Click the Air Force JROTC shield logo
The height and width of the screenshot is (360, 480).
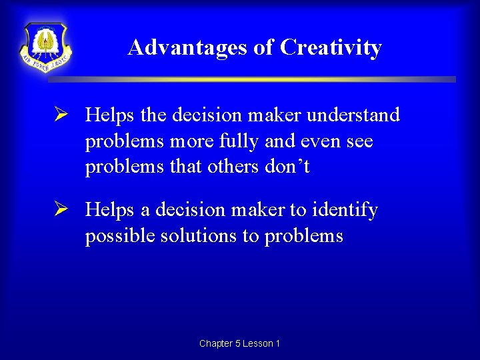click(x=45, y=47)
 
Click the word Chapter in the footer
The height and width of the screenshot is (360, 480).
click(x=216, y=343)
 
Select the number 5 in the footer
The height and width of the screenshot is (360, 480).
click(x=238, y=343)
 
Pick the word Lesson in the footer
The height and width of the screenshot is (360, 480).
click(x=257, y=343)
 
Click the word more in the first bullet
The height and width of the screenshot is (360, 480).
click(x=189, y=141)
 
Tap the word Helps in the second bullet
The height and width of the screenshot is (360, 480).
click(x=109, y=211)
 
